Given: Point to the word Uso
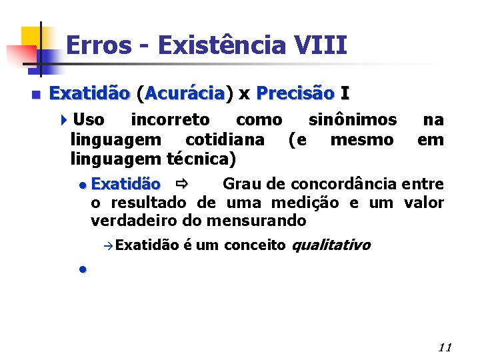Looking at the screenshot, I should click(89, 120).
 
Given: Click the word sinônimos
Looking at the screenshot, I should click(353, 120).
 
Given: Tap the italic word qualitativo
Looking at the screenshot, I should click(331, 245).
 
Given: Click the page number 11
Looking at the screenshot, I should click(445, 347).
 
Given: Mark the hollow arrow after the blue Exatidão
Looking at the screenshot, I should click(181, 183).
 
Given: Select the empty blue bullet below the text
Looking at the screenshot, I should click(81, 269).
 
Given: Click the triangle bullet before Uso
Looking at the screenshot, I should click(63, 121).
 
